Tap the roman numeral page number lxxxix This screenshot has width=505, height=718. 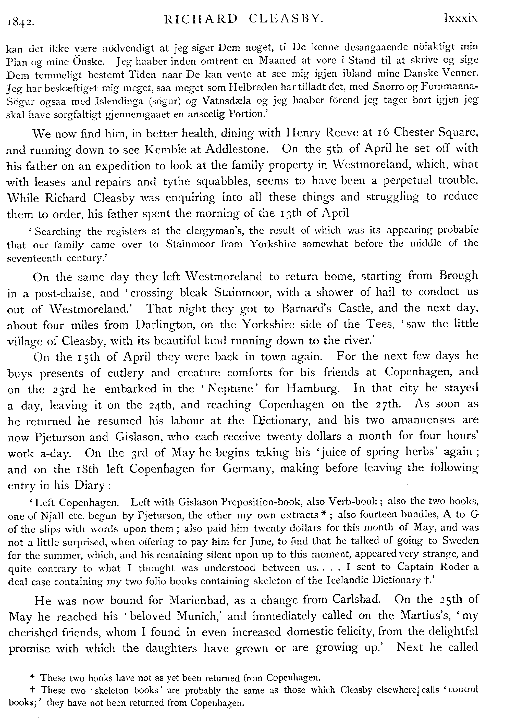pos(461,19)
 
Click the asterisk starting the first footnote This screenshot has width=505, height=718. pos(32,678)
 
